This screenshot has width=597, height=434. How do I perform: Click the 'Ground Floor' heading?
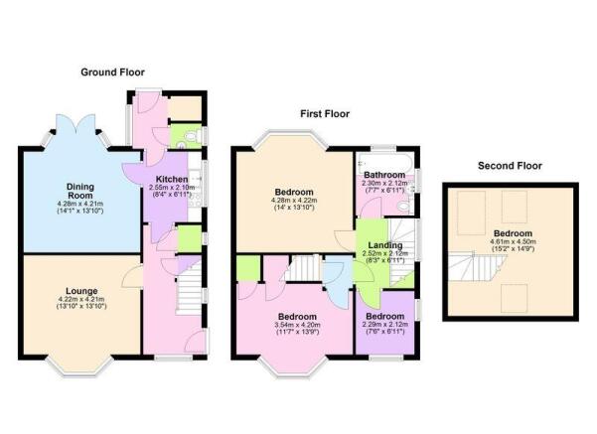point(114,72)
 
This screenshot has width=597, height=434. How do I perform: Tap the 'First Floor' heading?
point(326,113)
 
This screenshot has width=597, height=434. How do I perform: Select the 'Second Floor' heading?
point(510,165)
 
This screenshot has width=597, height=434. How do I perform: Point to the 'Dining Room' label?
point(80,192)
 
